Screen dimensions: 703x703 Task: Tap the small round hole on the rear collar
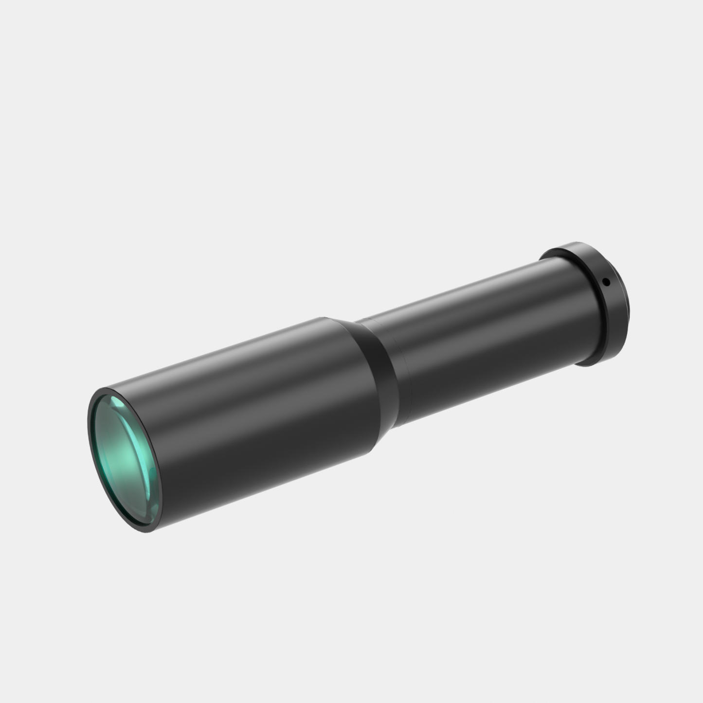coord(606,281)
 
